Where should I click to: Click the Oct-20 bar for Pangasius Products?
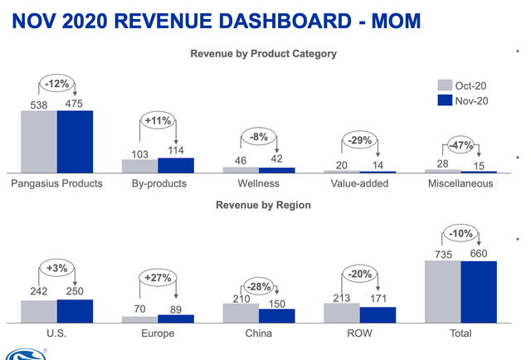coord(39,141)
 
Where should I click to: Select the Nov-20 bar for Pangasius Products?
coord(75,141)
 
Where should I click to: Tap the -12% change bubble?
coord(57,84)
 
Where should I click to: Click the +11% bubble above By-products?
coord(158,120)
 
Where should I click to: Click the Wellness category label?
coord(258,183)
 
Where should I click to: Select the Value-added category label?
coord(359,183)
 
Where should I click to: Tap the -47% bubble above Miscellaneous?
coord(460,146)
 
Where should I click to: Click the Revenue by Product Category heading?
coord(263,54)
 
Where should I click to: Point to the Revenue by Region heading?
coord(263,205)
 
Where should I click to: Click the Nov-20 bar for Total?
coord(479,291)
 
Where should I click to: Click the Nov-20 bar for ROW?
coord(378,314)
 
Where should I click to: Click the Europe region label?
coord(158,333)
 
